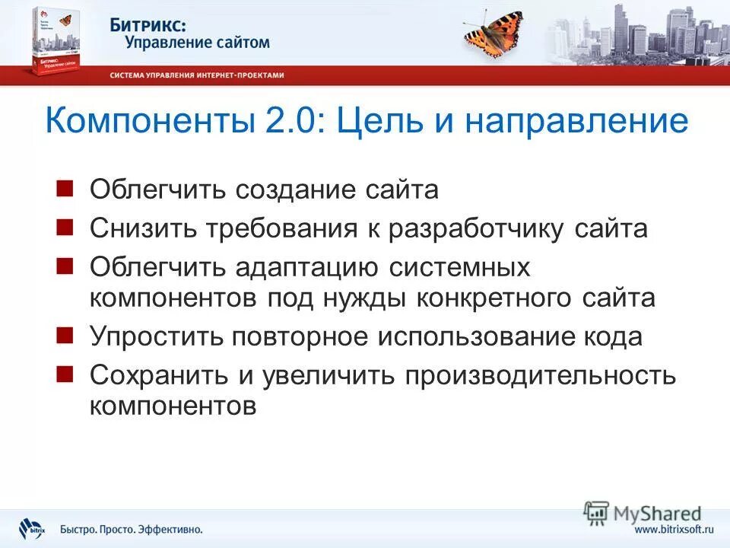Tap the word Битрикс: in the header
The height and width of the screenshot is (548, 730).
(148, 24)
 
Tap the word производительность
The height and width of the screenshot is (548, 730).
(540, 375)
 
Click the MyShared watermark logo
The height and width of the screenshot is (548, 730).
(643, 512)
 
